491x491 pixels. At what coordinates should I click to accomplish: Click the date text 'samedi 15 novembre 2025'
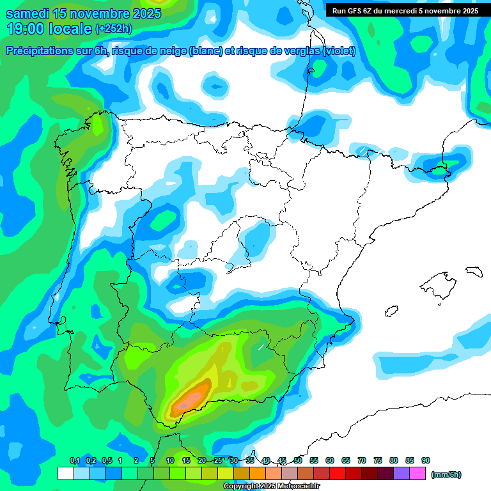click(83, 13)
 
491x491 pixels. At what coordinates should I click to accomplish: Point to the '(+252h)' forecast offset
click(114, 29)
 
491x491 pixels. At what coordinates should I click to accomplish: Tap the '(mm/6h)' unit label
click(446, 474)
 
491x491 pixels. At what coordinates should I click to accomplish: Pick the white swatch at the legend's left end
click(65, 474)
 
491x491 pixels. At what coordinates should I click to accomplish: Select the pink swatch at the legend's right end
click(417, 474)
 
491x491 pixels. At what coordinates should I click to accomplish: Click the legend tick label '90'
click(425, 460)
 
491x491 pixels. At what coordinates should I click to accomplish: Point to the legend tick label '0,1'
click(74, 460)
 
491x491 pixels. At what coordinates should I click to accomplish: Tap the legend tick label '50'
click(298, 460)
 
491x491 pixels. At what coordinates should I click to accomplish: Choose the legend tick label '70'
click(362, 460)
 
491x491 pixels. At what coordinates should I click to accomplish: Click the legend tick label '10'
click(170, 460)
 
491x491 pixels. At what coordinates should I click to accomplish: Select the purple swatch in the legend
click(401, 474)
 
